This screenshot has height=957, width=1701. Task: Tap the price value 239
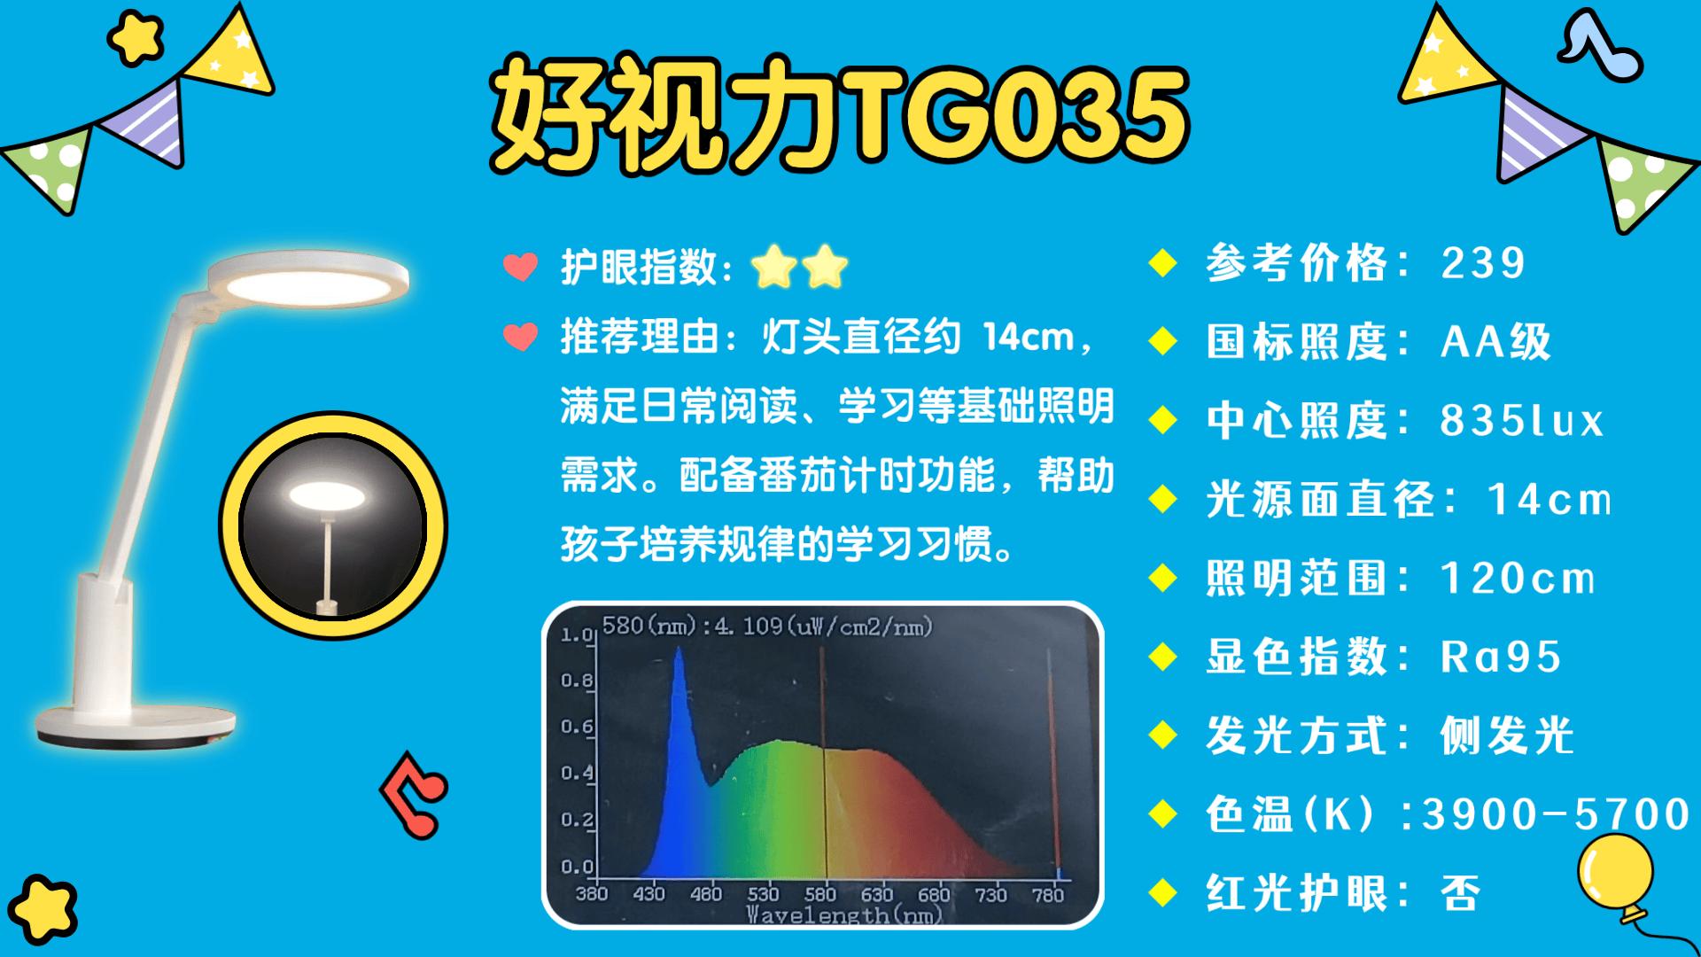pos(1483,263)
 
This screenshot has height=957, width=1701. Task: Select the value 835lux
pos(1522,421)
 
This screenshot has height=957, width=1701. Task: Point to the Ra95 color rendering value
pos(1501,657)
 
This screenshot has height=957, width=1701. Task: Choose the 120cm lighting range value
pos(1518,579)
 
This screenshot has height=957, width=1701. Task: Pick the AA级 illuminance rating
pos(1496,342)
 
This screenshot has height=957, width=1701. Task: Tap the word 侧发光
pos(1507,735)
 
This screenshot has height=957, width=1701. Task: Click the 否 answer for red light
pos(1461,893)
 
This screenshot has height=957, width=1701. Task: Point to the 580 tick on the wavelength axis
pos(819,894)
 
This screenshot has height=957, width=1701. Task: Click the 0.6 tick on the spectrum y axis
pos(577,727)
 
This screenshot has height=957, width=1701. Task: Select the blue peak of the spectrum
pos(680,651)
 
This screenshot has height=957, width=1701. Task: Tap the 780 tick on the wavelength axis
pos(1048,894)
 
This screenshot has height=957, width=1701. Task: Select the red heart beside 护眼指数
pos(521,267)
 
